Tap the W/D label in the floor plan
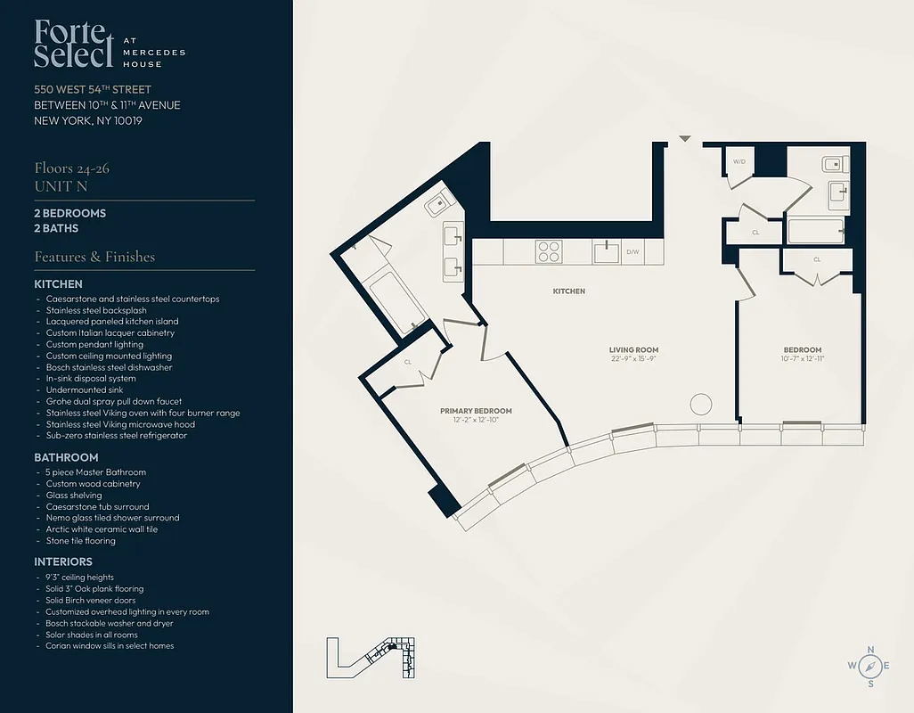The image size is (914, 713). [x=739, y=161]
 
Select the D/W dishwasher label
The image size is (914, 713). [x=632, y=252]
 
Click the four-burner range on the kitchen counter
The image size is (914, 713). [x=548, y=251]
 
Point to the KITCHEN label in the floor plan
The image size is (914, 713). [x=568, y=291]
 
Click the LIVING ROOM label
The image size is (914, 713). [x=633, y=349]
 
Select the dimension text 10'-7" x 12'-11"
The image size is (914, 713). [x=803, y=358]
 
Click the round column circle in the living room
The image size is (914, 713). [x=700, y=404]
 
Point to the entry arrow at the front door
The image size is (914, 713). [x=684, y=139]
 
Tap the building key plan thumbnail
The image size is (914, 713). [x=371, y=658]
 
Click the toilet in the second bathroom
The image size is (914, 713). [x=834, y=164]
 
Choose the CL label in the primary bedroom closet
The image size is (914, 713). [x=407, y=363]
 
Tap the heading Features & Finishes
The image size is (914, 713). [x=94, y=257]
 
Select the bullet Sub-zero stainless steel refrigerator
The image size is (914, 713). [x=116, y=436]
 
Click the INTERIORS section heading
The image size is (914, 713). [x=63, y=561]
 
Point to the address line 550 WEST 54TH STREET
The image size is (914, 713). [x=93, y=89]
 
